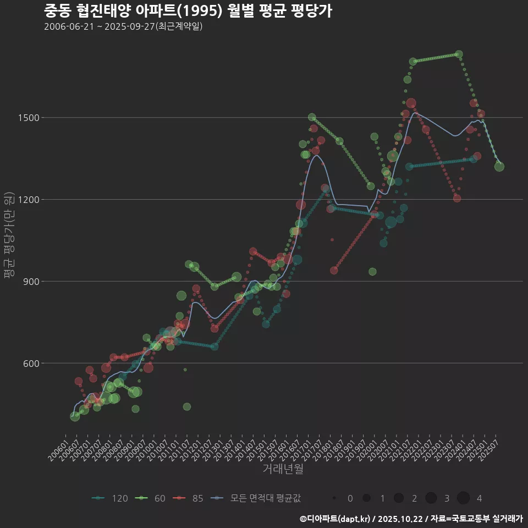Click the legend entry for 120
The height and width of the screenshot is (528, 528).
click(110, 498)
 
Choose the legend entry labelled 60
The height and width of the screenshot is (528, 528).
click(152, 498)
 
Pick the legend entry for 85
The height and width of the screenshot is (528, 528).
click(189, 498)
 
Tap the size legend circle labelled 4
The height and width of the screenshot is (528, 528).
click(463, 498)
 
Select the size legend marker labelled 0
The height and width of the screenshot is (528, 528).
click(334, 498)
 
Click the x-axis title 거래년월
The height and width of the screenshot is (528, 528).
click(283, 469)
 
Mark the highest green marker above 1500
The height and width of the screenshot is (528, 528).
click(459, 54)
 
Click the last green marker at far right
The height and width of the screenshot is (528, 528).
click(499, 166)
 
